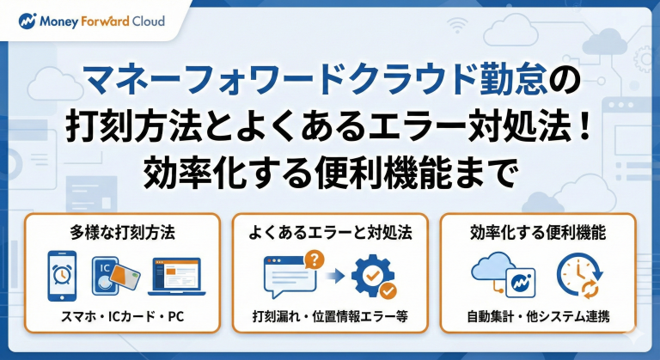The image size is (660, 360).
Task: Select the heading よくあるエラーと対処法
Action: (330, 232)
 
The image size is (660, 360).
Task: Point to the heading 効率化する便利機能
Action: (539, 232)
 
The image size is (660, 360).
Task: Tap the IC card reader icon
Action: (116, 276)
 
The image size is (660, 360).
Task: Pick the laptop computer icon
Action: (175, 277)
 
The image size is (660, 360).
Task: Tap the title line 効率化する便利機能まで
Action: (329, 172)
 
